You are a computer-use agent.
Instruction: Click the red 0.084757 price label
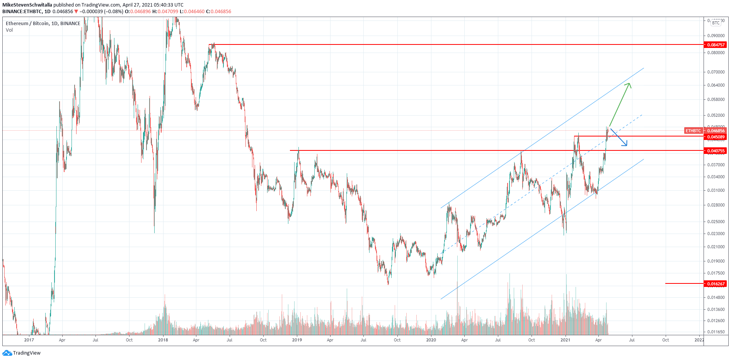coord(716,45)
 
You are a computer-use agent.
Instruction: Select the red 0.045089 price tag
coord(716,137)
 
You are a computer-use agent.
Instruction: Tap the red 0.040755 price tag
coord(716,151)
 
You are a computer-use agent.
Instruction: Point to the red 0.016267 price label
coord(716,284)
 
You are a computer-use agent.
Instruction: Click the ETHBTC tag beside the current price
coord(693,131)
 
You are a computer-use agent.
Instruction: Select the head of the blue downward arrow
coord(625,145)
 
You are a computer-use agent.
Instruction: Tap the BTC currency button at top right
coord(716,23)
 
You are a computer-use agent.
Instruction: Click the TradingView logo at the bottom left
coord(22,353)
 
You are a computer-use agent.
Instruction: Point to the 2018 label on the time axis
coord(163,340)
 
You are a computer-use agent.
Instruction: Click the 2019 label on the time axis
coord(297,340)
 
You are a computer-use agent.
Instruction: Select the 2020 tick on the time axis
coord(431,340)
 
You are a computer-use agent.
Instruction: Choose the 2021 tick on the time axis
coord(565,340)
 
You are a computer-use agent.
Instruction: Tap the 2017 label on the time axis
coord(29,340)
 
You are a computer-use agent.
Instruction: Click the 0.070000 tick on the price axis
coord(716,72)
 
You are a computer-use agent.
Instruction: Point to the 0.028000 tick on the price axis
coord(716,205)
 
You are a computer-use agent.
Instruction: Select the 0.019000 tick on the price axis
coord(716,261)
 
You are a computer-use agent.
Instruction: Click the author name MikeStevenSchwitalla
coord(27,5)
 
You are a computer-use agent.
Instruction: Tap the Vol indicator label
coord(9,30)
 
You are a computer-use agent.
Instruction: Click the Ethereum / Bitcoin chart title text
coord(43,24)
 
